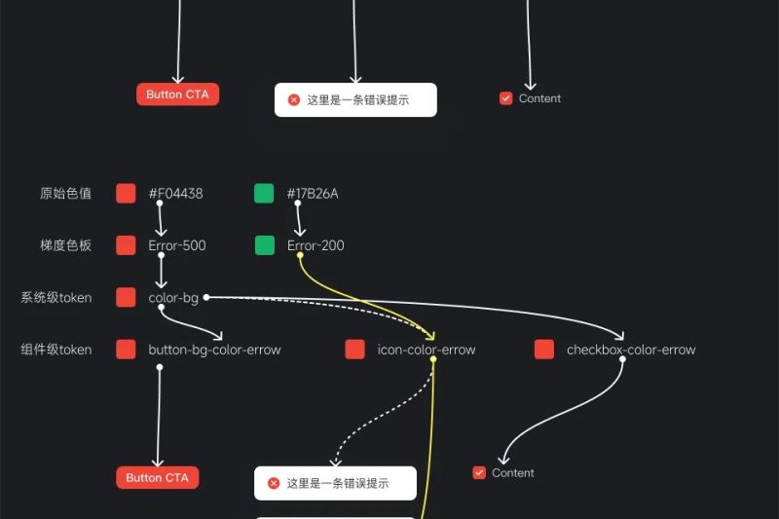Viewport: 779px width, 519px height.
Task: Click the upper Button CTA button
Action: [x=177, y=94]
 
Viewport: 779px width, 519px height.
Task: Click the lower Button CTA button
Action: [x=157, y=477]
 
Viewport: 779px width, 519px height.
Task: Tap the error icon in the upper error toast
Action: [x=294, y=99]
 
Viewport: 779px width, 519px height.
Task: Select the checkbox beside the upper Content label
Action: [x=506, y=98]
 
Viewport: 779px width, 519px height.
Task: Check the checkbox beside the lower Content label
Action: [x=479, y=473]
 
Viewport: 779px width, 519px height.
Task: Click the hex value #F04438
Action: [x=175, y=194]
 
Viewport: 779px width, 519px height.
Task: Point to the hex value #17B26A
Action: [x=313, y=194]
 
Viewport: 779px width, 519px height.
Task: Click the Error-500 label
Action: [x=177, y=245]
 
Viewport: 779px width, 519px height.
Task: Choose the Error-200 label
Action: [x=315, y=245]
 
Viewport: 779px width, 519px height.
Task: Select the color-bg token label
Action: [x=173, y=297]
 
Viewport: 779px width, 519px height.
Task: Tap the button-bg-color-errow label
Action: [x=214, y=350]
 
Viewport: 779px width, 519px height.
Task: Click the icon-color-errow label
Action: [x=427, y=350]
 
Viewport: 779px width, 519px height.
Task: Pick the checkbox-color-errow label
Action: [x=631, y=350]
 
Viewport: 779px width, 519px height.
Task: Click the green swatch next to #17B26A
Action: [x=264, y=194]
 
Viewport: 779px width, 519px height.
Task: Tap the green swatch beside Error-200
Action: [x=265, y=245]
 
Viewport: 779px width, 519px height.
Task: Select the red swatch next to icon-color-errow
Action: [x=355, y=350]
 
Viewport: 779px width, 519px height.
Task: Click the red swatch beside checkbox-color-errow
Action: [x=544, y=350]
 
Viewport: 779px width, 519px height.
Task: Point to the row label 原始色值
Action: [x=66, y=194]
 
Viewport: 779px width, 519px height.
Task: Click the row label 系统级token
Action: [x=56, y=297]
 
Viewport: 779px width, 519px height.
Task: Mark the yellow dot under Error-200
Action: [x=300, y=256]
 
